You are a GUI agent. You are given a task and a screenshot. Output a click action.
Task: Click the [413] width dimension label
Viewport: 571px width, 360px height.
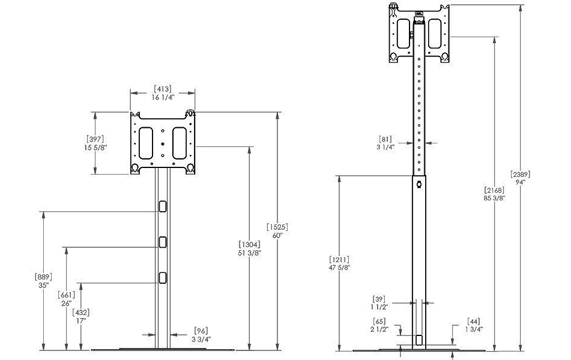coord(163,89)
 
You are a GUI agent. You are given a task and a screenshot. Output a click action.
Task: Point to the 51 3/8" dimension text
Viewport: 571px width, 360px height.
coord(249,253)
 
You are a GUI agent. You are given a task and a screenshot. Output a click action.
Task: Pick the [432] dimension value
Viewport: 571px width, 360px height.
coord(80,312)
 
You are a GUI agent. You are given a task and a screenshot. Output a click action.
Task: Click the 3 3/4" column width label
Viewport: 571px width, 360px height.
coord(201,339)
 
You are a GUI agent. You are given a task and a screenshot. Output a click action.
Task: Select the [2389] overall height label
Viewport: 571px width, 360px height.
coord(520,174)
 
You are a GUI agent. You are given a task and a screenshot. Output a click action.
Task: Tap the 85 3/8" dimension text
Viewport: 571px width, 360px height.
coord(494,198)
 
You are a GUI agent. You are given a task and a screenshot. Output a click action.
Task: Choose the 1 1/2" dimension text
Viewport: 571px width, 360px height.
coord(380,307)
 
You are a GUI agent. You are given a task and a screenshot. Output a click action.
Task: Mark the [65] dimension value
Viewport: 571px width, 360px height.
coord(379,322)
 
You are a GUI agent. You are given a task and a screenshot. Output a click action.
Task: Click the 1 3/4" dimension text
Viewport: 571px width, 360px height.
coord(474,329)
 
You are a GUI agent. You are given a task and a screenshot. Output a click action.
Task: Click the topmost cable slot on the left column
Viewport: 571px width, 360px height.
coord(162,206)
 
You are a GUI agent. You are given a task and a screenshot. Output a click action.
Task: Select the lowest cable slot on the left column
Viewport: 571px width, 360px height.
coord(162,277)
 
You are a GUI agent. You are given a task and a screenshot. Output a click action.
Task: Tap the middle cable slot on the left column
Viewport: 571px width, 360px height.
coord(162,241)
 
